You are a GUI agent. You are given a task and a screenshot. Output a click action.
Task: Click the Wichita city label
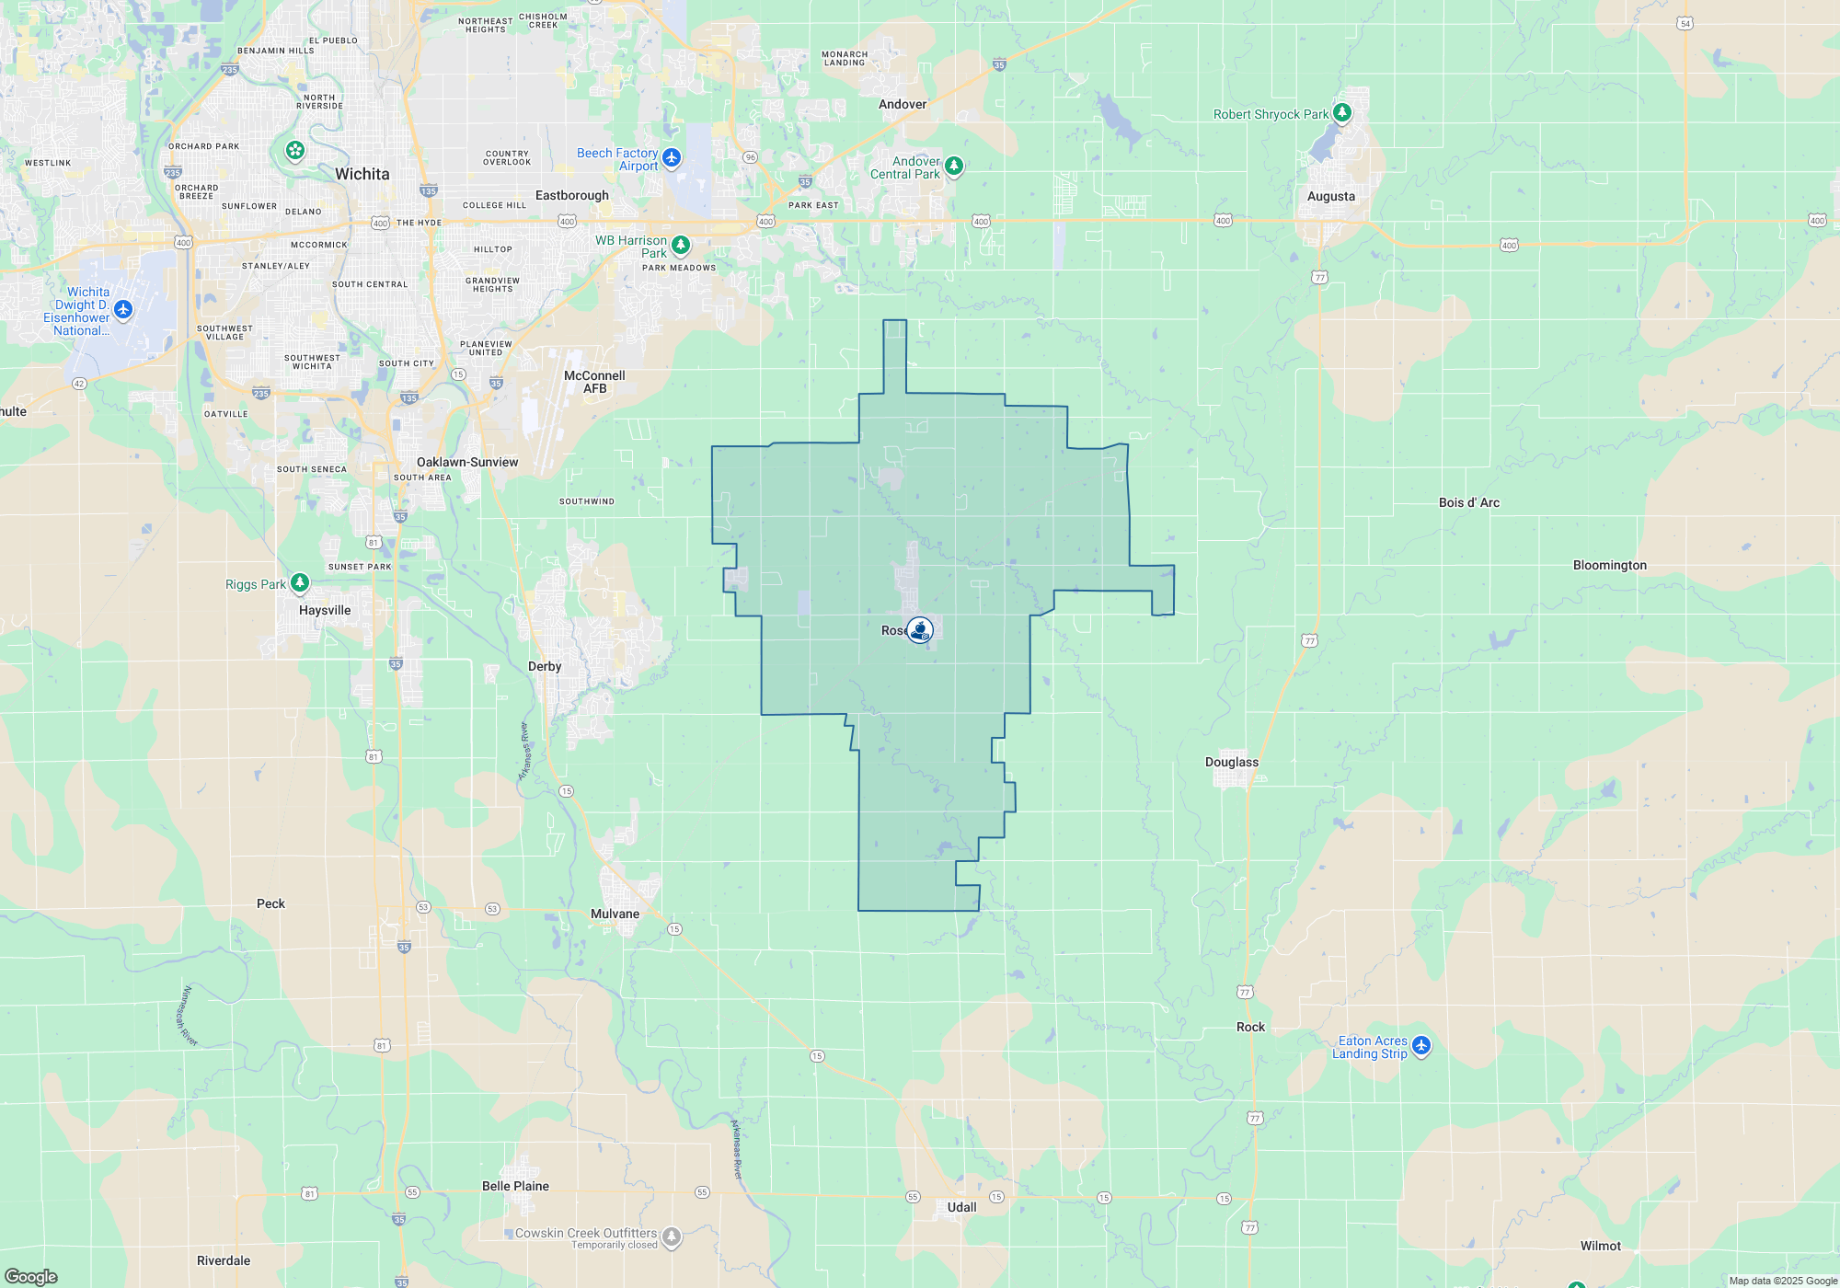[362, 174]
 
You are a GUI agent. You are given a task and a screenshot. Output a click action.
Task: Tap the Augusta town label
[1330, 196]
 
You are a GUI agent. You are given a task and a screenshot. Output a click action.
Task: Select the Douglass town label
[1231, 762]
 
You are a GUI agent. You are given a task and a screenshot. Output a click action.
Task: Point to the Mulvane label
[615, 914]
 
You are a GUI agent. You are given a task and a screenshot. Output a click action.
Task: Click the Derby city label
[545, 666]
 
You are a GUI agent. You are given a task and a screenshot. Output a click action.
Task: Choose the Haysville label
[325, 610]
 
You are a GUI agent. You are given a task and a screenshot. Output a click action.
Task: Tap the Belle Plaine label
[515, 1186]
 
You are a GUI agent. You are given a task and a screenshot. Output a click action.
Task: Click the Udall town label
[961, 1207]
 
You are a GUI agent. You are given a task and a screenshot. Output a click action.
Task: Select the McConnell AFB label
[594, 382]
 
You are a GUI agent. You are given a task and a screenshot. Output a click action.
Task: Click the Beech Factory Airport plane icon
[672, 157]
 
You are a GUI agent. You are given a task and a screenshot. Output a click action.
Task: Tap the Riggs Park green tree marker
[300, 583]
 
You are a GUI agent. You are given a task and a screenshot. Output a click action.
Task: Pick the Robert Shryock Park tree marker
[1342, 112]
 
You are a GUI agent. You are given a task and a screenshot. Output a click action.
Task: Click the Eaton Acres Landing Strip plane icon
[1421, 1045]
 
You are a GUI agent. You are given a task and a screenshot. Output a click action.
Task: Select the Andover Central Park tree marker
[954, 166]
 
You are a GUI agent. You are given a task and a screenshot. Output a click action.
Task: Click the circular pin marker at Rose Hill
[920, 629]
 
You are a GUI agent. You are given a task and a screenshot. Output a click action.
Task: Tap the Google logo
[31, 1277]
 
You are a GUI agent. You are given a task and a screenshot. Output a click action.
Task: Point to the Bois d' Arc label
[1468, 502]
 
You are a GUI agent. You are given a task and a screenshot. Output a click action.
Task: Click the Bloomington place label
[1609, 565]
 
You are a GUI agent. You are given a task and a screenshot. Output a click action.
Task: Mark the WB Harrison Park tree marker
[681, 245]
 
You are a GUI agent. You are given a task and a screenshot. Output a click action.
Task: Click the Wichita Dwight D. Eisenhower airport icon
[123, 309]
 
